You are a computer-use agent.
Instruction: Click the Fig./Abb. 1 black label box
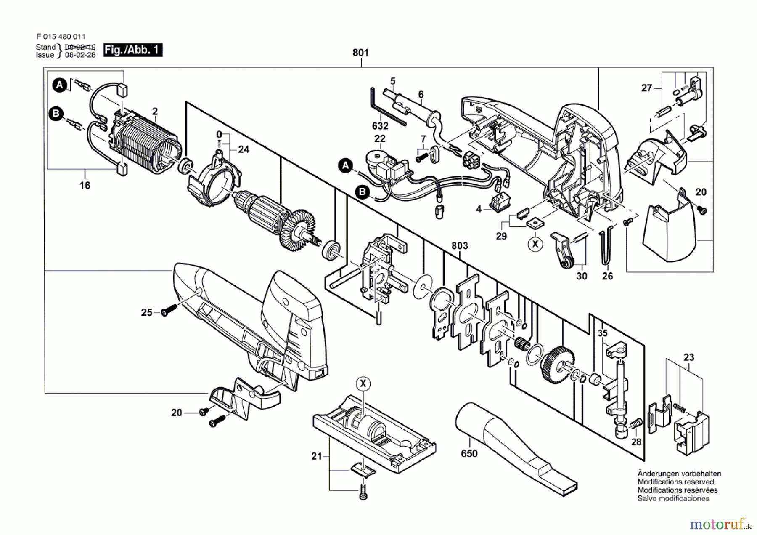pos(133,50)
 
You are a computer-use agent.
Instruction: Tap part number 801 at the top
pos(360,53)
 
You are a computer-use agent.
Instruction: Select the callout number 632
pos(380,126)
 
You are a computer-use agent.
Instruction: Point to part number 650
pos(469,453)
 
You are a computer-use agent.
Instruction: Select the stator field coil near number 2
pos(145,141)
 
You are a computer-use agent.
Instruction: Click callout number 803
pos(460,245)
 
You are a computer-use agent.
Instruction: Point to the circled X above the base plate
pos(363,383)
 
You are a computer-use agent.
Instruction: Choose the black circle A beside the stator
pos(60,85)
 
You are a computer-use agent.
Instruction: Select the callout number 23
pos(689,357)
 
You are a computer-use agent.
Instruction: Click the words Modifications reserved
pos(675,482)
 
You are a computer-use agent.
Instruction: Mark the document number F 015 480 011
pos(61,37)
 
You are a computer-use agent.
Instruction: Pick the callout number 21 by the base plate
pos(317,456)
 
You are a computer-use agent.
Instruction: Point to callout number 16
pos(85,185)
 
